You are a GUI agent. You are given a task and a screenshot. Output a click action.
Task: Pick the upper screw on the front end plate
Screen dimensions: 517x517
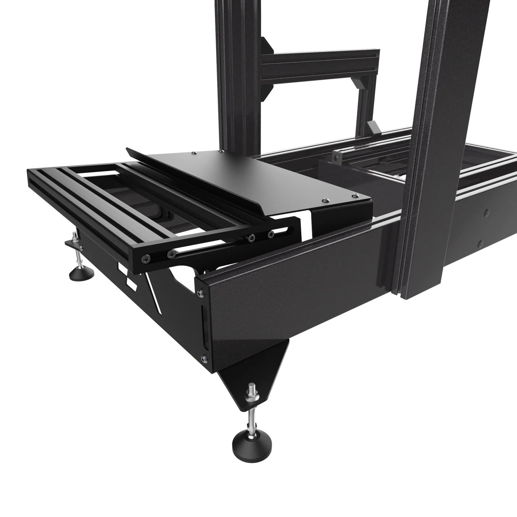[201, 293]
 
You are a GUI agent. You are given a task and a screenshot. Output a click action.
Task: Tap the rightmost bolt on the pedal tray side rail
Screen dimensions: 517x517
[272, 233]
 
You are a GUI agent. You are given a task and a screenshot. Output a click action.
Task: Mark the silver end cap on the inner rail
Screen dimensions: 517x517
[336, 156]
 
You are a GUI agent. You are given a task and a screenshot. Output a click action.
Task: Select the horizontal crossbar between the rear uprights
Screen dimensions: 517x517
[318, 63]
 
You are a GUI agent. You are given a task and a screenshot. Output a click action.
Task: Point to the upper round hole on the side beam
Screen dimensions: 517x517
[486, 212]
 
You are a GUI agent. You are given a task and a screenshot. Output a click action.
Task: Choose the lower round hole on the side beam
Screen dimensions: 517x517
[480, 244]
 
